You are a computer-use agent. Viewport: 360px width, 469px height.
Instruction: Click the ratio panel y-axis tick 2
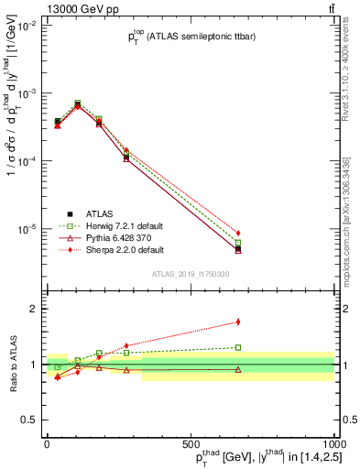(34, 309)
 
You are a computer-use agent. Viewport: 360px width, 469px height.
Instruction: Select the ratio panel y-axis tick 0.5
(30, 420)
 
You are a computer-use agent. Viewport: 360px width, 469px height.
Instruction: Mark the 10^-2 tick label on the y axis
(27, 27)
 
